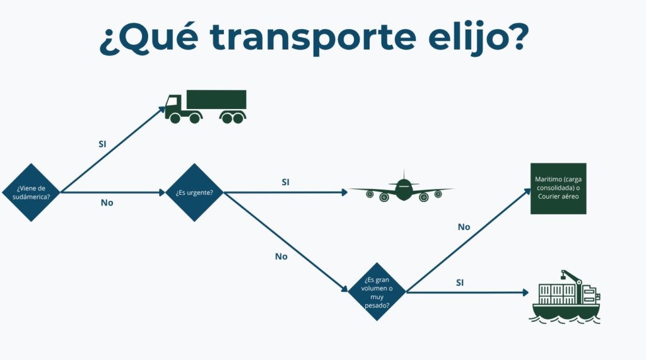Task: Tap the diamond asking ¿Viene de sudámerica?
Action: (31, 192)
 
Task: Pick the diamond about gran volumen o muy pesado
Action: (377, 291)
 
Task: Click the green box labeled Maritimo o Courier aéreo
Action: (558, 188)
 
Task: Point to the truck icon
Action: (205, 107)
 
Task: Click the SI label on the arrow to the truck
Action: (102, 144)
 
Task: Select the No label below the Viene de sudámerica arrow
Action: (107, 203)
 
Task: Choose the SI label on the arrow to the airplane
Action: (285, 182)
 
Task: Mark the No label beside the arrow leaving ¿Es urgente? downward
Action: (281, 257)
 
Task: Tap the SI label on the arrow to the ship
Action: (460, 282)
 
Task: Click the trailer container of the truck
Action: (216, 100)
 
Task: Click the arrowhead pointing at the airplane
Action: (343, 191)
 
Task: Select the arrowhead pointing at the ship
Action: (524, 292)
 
